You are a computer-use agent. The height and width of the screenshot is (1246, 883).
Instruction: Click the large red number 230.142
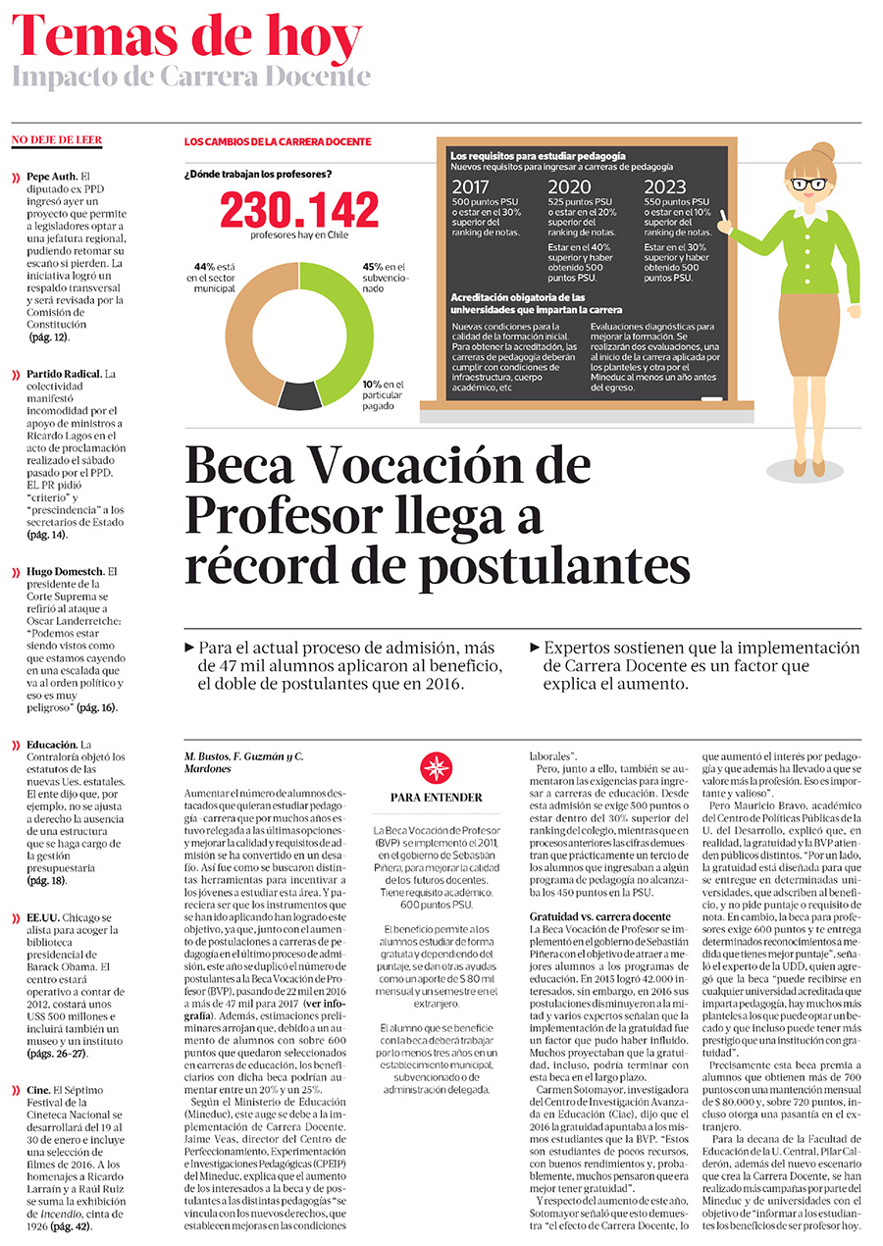coord(298,210)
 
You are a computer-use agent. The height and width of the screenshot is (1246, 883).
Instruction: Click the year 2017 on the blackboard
coord(471,187)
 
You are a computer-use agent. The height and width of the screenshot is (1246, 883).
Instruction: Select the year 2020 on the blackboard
coord(568,187)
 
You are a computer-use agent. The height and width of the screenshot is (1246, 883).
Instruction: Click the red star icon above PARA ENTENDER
coord(436,769)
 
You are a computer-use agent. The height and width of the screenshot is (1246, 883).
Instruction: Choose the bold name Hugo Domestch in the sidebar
coord(65,571)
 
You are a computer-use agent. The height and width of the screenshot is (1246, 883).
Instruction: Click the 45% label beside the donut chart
coord(372,266)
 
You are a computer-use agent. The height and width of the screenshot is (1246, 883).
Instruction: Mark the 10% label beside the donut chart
coord(372,384)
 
